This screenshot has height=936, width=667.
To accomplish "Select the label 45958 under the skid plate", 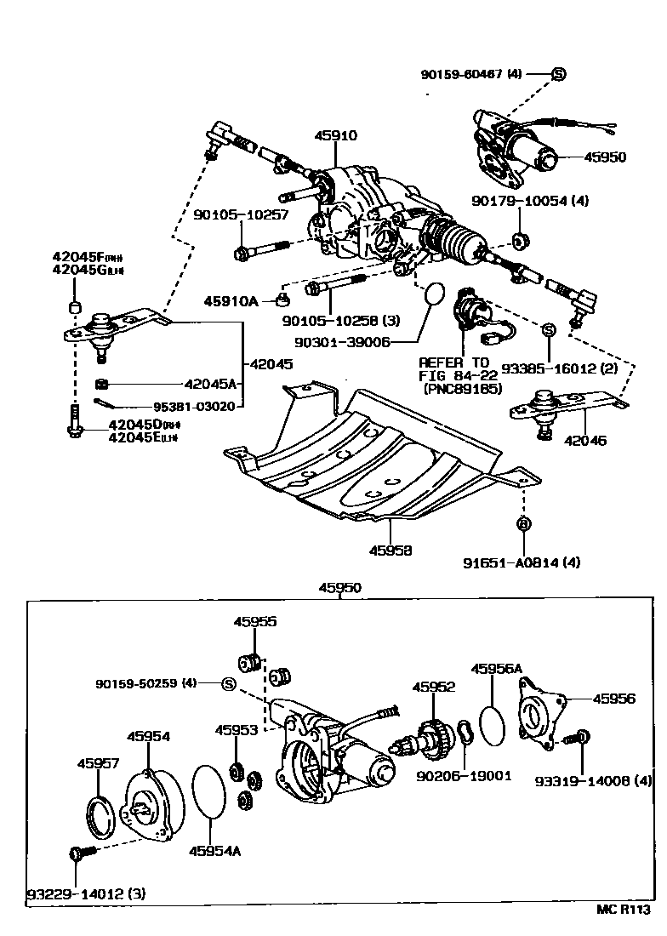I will pyautogui.click(x=391, y=551).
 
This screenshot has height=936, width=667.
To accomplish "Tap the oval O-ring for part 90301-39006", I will pyautogui.click(x=433, y=294).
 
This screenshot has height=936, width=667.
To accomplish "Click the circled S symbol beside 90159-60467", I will pyautogui.click(x=558, y=74).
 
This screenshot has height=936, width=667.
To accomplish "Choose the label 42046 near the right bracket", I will pyautogui.click(x=586, y=442).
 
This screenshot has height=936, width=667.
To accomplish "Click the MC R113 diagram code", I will pyautogui.click(x=627, y=908).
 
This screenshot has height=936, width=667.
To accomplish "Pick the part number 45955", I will pyautogui.click(x=254, y=622).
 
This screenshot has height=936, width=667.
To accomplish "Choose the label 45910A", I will pyautogui.click(x=230, y=300).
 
